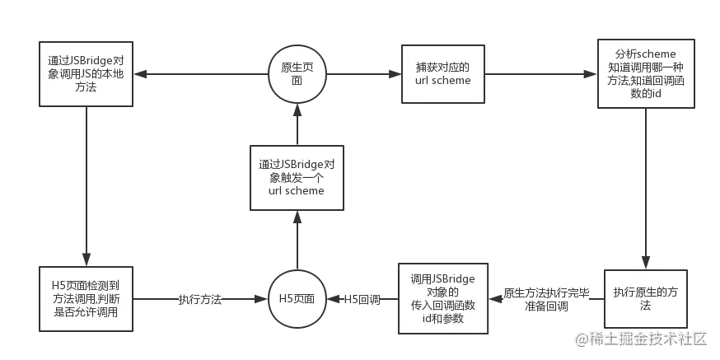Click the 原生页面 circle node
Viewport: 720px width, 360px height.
point(297,74)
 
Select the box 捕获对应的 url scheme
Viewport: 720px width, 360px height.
point(442,73)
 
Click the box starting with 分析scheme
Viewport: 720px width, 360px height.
point(645,74)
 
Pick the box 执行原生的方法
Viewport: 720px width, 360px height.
point(644,299)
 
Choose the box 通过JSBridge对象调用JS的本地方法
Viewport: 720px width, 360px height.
point(86,73)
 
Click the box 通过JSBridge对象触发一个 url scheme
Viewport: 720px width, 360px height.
point(296,177)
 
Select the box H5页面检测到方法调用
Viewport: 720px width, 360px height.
point(86,299)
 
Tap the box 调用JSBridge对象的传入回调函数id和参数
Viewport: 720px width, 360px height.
point(442,298)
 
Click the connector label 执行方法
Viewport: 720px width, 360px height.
point(200,300)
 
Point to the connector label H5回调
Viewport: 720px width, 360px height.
point(361,300)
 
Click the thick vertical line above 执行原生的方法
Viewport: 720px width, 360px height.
point(645,189)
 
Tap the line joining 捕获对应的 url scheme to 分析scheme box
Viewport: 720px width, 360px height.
point(540,73)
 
